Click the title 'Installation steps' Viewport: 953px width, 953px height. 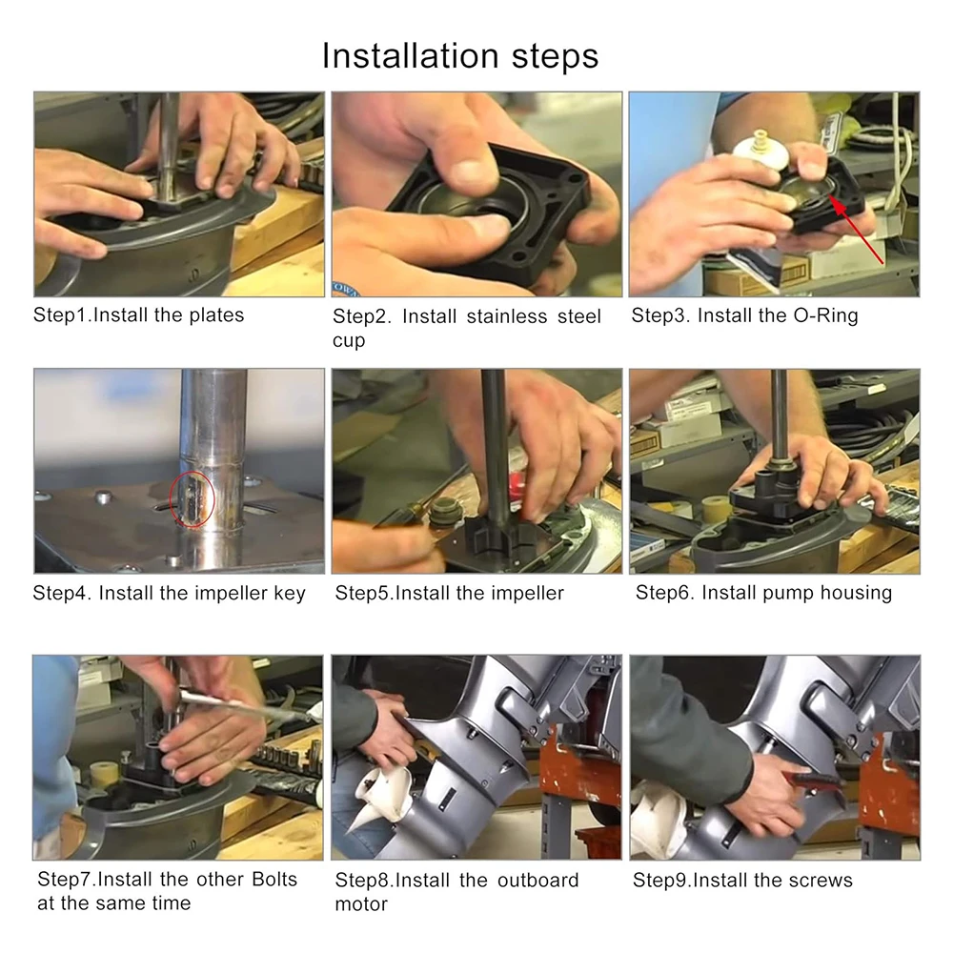[460, 56]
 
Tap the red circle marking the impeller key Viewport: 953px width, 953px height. [193, 498]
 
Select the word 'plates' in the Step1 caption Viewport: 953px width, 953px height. [216, 315]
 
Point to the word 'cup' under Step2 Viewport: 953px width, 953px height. [349, 341]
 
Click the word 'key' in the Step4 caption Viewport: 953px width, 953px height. [290, 594]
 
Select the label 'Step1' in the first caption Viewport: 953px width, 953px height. [60, 315]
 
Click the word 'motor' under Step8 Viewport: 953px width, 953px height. [361, 904]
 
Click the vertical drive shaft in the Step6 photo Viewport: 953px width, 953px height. [779, 422]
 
